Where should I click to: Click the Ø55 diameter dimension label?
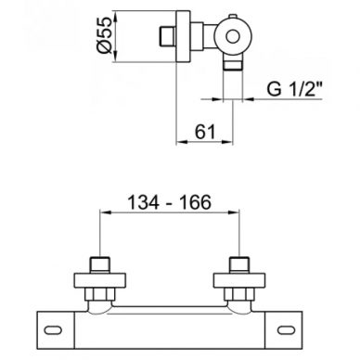coord(104,36)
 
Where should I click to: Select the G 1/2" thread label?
coord(294,90)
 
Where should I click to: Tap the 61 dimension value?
coord(205,133)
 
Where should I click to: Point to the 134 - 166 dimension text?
coord(170,202)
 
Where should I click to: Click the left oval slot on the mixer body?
coord(53,330)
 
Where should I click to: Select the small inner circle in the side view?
coord(233,37)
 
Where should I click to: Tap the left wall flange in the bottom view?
coord(100,280)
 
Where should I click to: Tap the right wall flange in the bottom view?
coord(239,280)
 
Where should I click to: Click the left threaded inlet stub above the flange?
coord(100,265)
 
